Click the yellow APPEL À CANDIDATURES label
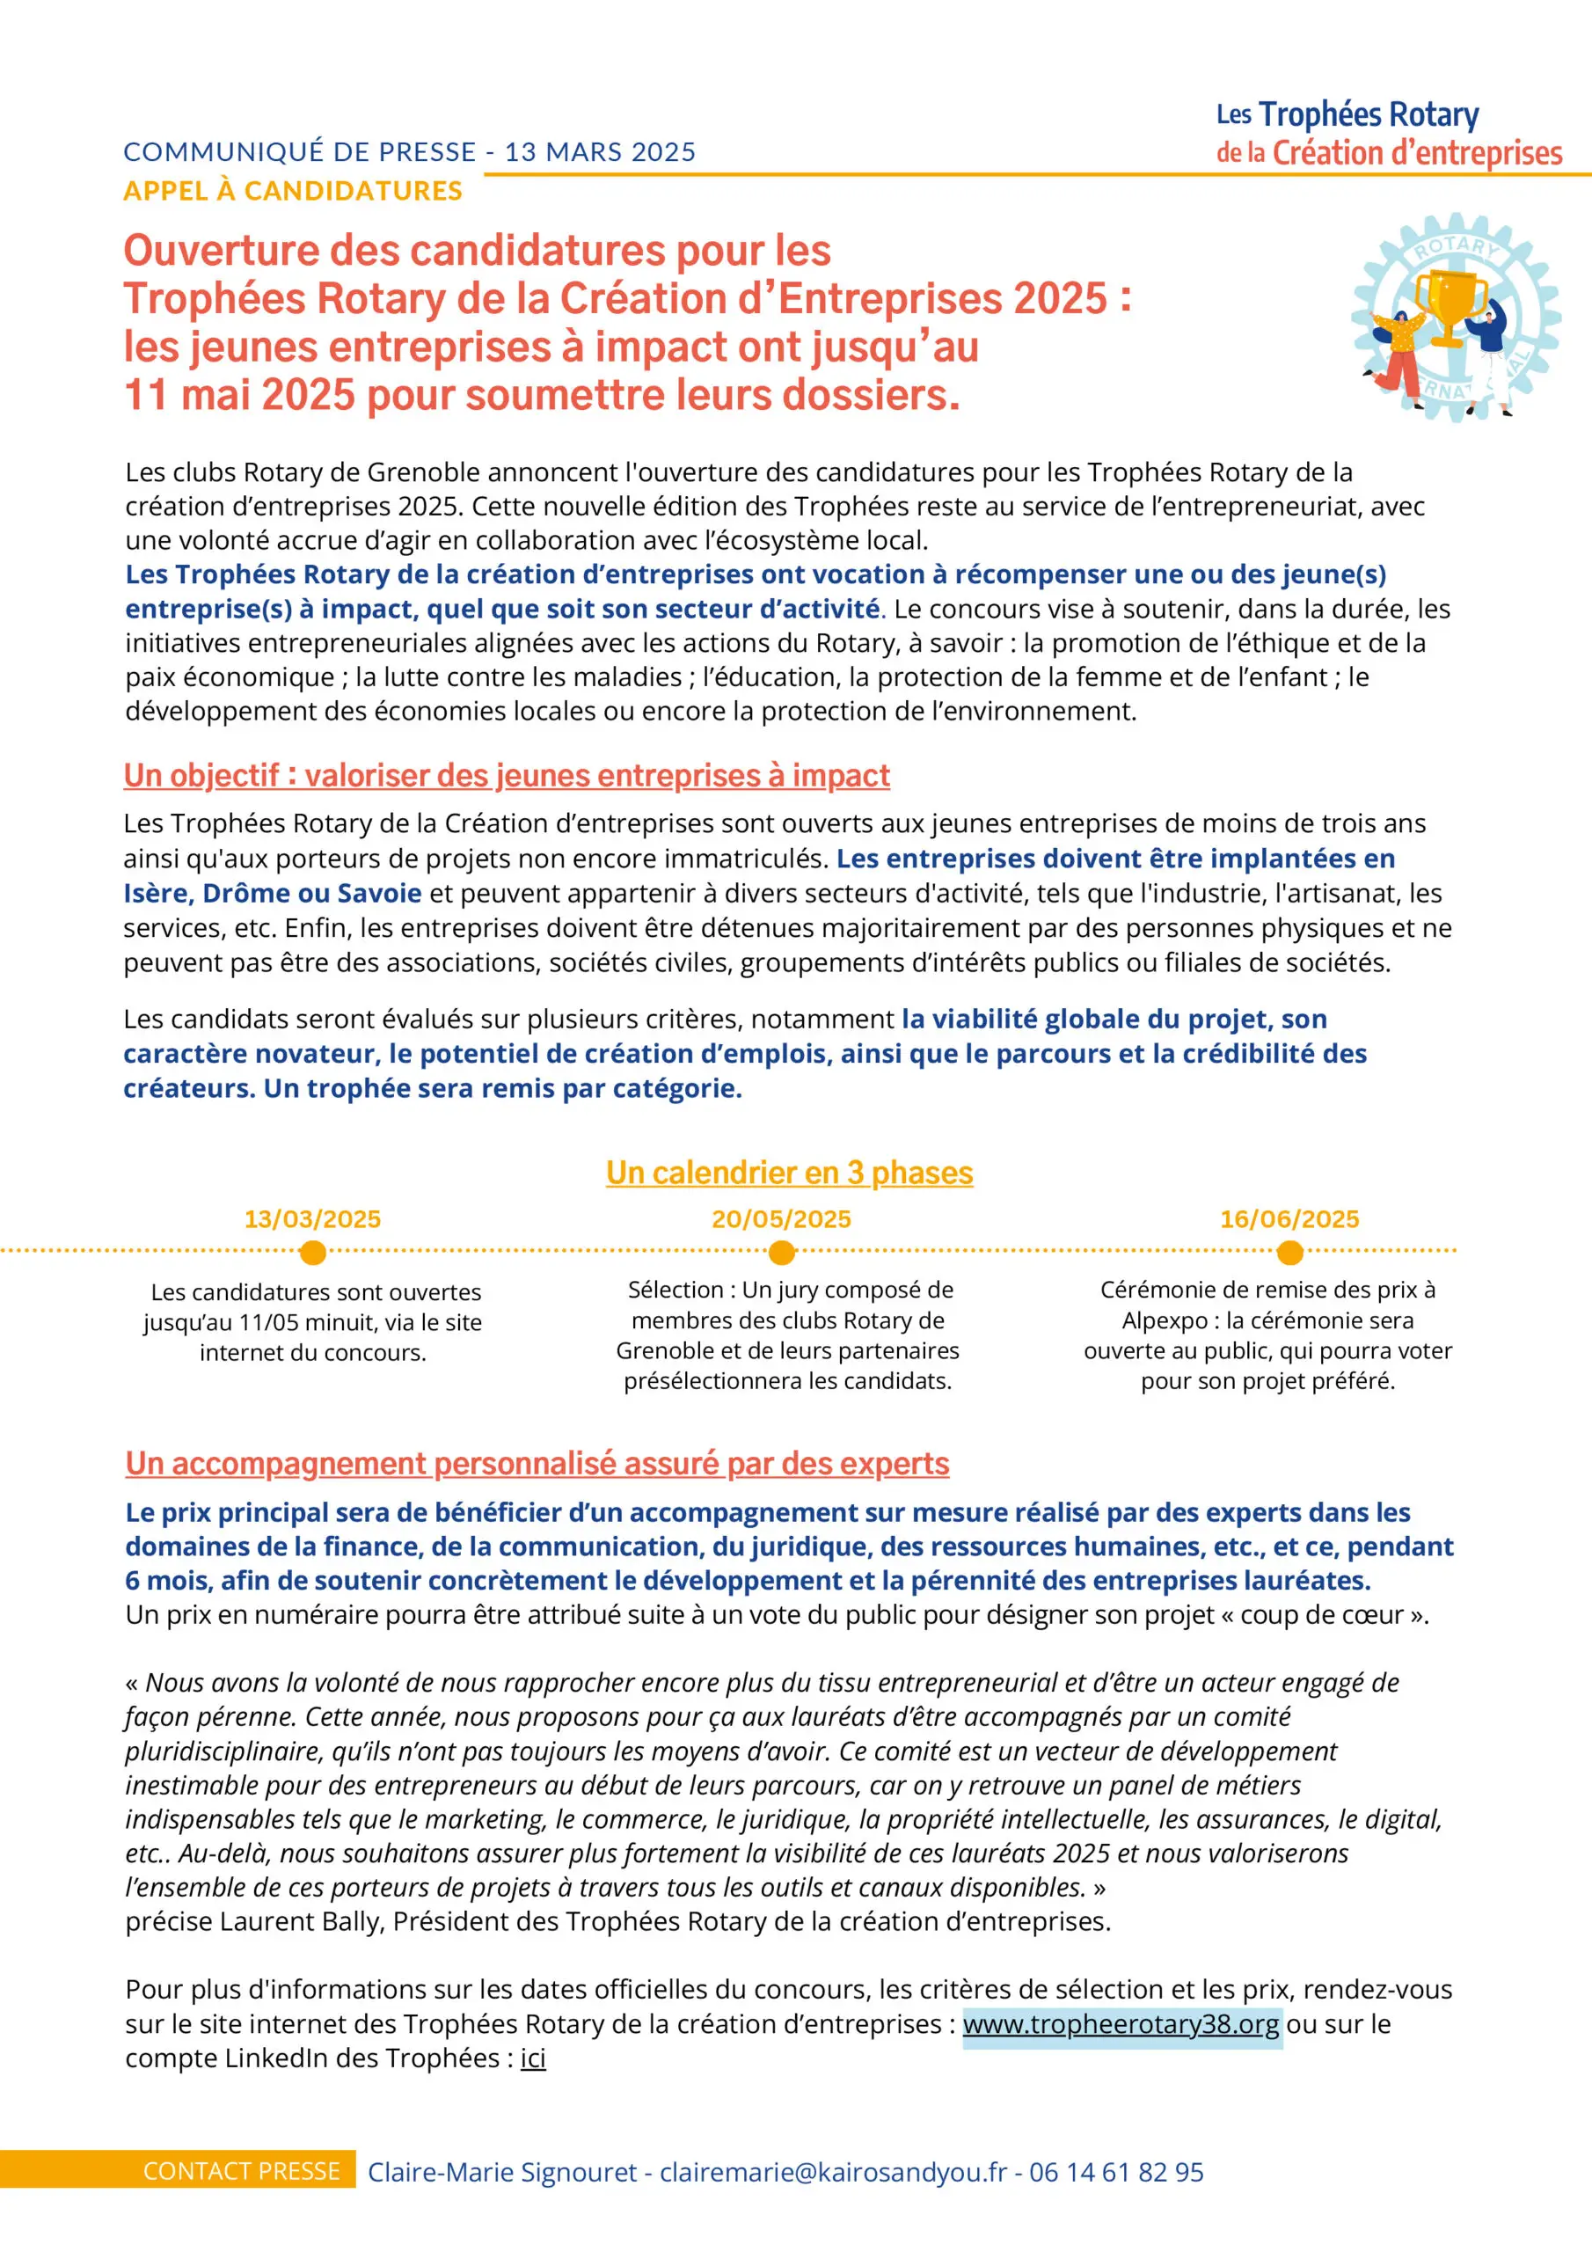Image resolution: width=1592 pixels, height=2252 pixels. (x=292, y=190)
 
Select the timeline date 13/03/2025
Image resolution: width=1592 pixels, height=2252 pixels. (x=312, y=1219)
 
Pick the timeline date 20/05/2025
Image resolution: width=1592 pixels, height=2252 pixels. (x=781, y=1219)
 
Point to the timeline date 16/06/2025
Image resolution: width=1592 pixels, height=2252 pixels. (x=1289, y=1219)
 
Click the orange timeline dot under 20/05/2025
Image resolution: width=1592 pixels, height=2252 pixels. (x=782, y=1253)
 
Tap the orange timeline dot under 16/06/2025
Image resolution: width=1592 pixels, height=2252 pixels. (x=1290, y=1253)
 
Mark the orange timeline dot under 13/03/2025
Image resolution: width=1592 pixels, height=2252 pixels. (x=313, y=1253)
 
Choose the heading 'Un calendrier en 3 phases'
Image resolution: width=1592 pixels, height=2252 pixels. (x=789, y=1174)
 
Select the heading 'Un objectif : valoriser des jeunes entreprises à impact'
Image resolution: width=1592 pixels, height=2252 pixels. (x=506, y=776)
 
